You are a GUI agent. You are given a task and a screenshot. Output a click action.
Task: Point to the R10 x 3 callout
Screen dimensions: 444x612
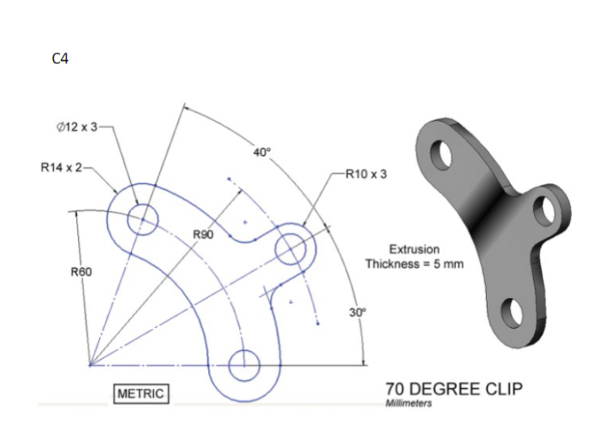[367, 173]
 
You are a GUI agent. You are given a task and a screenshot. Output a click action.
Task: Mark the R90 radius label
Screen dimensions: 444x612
[203, 235]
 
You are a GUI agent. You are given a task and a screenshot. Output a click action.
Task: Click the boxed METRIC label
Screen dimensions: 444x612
[141, 394]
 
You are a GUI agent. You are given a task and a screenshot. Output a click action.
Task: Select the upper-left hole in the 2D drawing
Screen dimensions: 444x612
[142, 218]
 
